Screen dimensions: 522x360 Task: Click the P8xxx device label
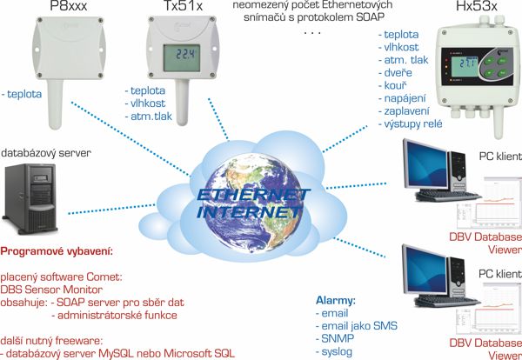(x=68, y=5)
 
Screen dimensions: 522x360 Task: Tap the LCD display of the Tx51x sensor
(x=182, y=58)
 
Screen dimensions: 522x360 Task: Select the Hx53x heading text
(x=477, y=5)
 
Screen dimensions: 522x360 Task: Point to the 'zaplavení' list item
(x=407, y=110)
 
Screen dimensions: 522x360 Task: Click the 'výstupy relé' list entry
(x=413, y=123)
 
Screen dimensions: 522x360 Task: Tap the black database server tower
(x=30, y=197)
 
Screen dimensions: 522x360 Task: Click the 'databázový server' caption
(x=46, y=153)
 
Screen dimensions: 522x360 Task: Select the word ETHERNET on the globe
(x=253, y=196)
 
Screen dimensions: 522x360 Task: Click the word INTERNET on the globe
(x=250, y=212)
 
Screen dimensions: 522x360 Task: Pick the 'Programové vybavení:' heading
(x=57, y=251)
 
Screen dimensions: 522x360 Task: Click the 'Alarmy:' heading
(x=336, y=301)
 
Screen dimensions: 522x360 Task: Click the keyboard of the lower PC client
(x=447, y=302)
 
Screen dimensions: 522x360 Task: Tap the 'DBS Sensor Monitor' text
(x=51, y=290)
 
